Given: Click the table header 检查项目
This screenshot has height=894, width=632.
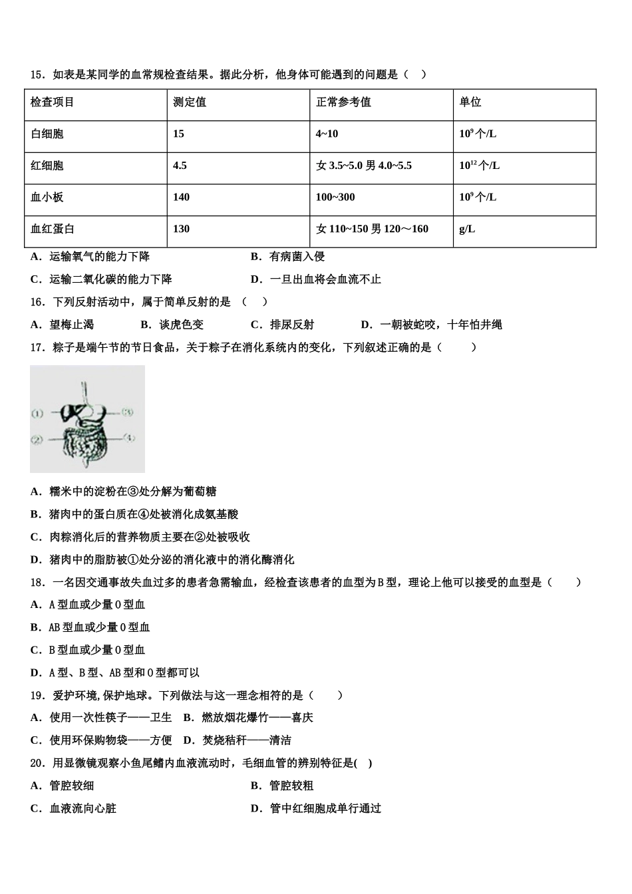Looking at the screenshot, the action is (53, 102).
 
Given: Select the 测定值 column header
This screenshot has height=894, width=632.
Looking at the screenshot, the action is (190, 102).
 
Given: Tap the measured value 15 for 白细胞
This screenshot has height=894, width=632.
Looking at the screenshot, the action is (178, 134).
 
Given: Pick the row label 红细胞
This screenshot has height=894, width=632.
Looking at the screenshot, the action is (47, 166).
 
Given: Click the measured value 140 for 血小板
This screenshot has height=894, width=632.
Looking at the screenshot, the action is (181, 198).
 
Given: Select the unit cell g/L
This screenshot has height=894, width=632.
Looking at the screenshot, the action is (467, 229).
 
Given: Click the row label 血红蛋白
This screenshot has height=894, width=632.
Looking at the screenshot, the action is (53, 229).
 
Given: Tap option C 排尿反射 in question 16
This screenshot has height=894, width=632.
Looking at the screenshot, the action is (283, 325).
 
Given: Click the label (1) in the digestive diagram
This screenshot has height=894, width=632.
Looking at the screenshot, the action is (37, 414).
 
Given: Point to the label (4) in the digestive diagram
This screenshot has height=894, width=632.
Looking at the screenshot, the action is (129, 438).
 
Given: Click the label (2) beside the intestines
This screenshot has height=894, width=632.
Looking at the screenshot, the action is (37, 440).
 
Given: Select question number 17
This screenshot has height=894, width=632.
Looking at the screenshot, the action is (37, 347).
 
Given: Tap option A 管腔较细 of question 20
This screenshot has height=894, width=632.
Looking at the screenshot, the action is (63, 786).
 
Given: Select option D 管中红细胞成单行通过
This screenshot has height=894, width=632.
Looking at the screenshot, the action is (316, 808).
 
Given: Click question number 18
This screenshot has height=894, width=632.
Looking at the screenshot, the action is (37, 582).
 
